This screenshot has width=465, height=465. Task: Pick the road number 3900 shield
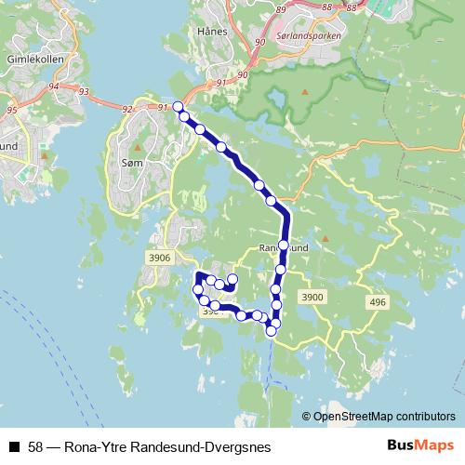(312, 297)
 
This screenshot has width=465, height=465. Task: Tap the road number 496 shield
(376, 302)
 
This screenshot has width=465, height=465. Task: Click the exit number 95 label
(12, 110)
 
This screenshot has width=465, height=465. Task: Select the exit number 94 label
(53, 86)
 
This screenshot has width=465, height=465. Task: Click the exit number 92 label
(128, 109)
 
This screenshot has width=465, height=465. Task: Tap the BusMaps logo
(420, 446)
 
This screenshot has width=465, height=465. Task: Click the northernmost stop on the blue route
(178, 106)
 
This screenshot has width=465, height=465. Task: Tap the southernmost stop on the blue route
(272, 330)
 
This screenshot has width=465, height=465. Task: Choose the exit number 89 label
(281, 8)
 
